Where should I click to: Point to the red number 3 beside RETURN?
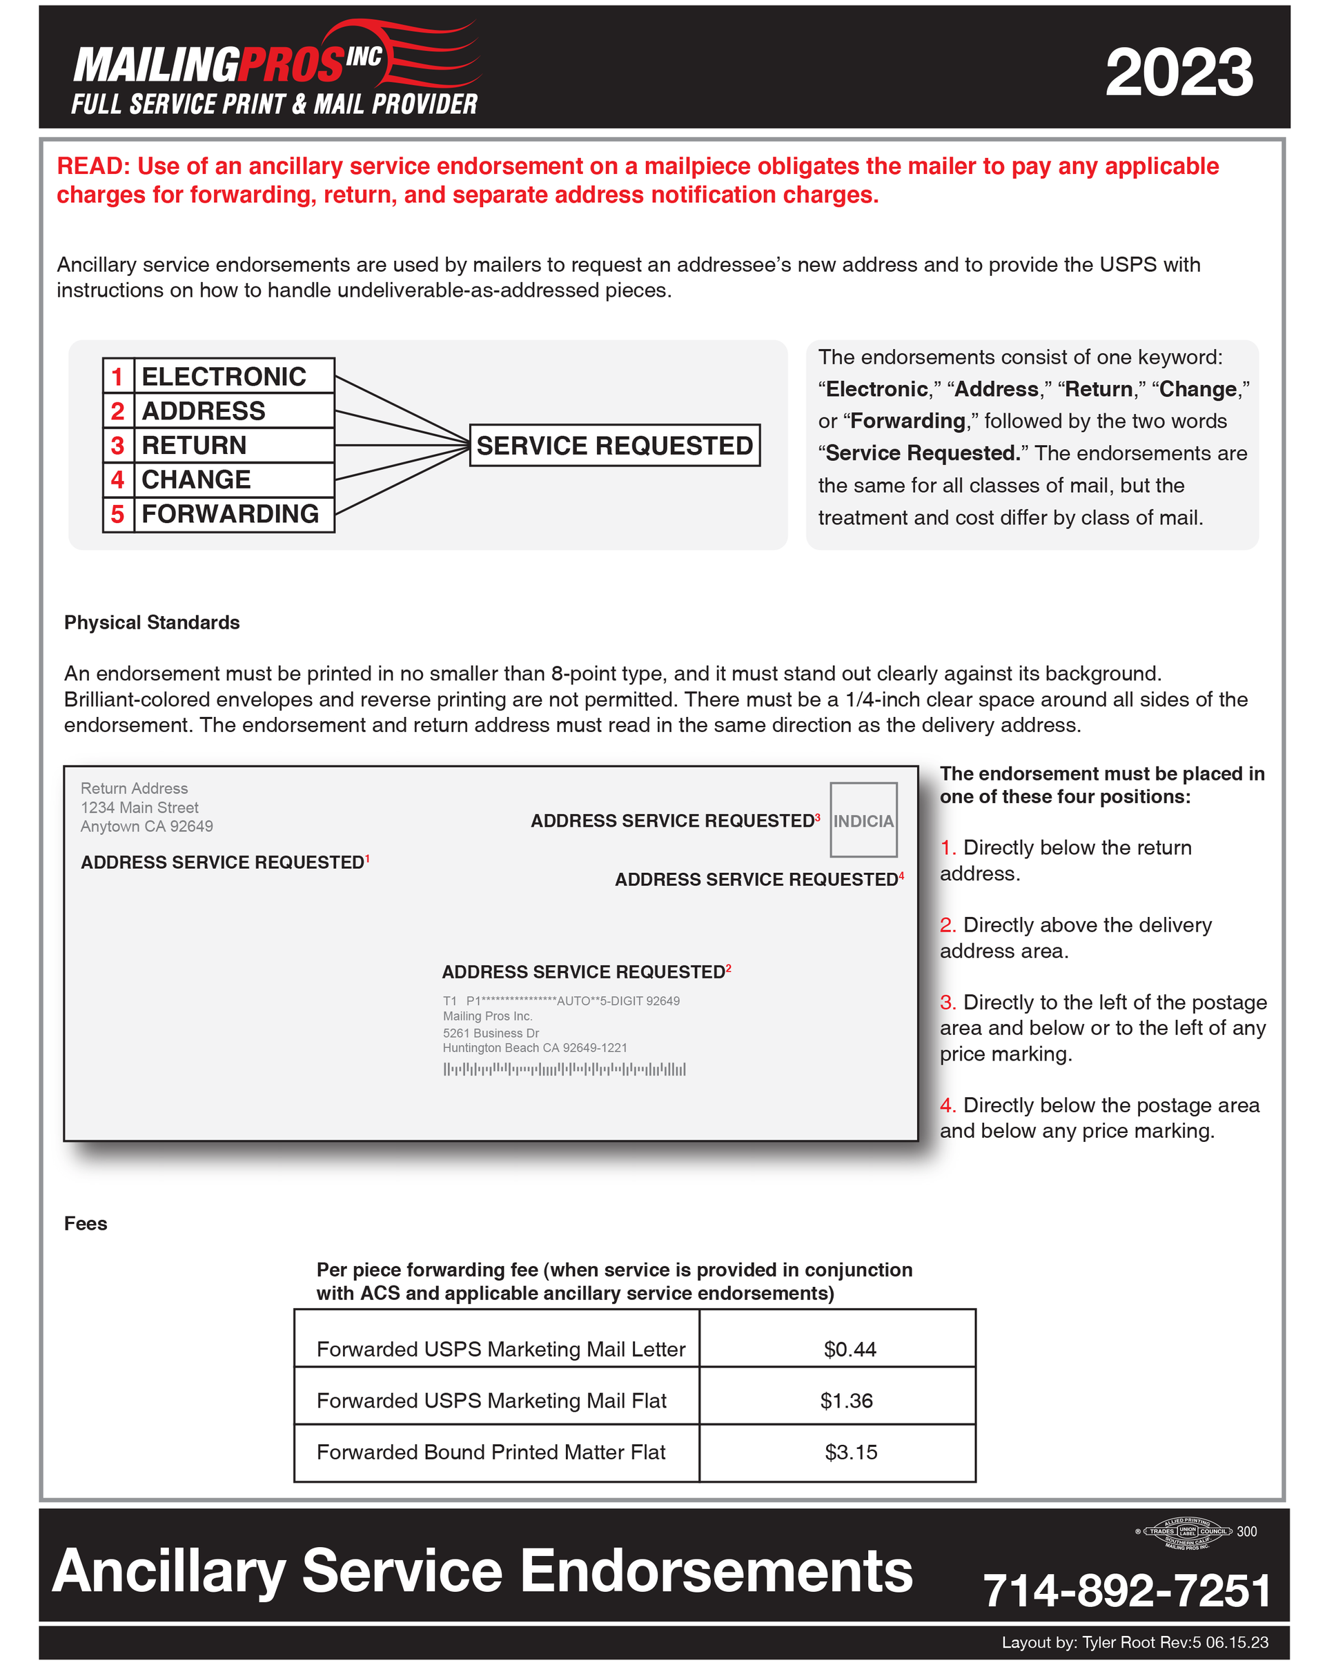click(117, 446)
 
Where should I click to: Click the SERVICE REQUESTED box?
click(615, 446)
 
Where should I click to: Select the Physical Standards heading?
click(152, 622)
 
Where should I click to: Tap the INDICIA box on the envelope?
click(863, 820)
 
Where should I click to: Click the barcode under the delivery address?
click(565, 1069)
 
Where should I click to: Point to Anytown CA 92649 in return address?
click(147, 827)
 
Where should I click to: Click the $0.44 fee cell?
click(850, 1349)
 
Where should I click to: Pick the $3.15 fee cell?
click(851, 1452)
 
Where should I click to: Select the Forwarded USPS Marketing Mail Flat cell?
click(491, 1401)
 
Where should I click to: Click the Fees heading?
click(86, 1223)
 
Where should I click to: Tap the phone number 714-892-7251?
click(1126, 1591)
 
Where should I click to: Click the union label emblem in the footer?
click(1187, 1532)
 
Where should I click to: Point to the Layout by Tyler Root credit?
click(1135, 1642)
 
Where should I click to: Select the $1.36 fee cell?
click(846, 1401)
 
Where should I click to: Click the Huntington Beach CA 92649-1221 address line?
click(535, 1048)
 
